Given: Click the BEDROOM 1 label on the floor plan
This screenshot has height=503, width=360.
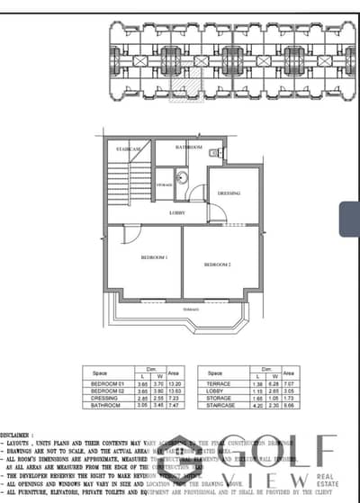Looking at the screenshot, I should coord(154,258).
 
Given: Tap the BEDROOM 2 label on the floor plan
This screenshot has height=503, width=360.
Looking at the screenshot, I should coord(218,265).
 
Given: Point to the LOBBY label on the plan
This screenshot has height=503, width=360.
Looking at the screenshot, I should coord(177,212).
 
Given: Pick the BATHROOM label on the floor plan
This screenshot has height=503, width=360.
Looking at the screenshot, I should coord(189,146).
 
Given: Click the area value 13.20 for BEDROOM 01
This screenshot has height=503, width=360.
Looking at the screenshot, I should coord(177,384).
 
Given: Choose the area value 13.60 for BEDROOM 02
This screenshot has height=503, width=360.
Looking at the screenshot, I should coord(177,391).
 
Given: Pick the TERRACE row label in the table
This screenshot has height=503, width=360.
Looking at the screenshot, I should coord(212,384).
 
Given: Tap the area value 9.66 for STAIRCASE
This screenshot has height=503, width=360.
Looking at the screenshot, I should coord(289,406).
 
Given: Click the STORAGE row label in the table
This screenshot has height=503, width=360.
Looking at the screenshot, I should coord(214,399).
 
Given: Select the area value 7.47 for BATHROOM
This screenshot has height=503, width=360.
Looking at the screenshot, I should coord(177,406).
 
